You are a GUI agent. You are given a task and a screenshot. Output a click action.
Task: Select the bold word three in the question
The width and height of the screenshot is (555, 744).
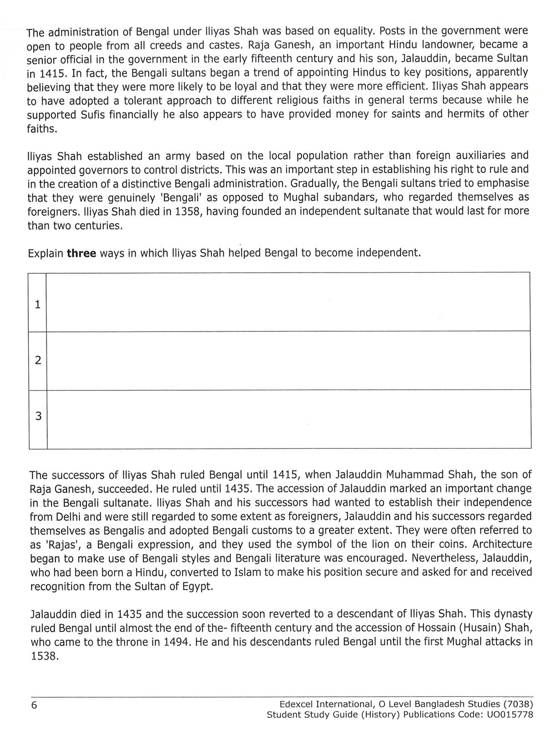click(82, 253)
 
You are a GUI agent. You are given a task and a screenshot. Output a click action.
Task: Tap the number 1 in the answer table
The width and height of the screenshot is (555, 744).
click(38, 304)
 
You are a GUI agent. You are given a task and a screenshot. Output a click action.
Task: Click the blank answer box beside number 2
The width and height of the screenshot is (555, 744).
click(288, 360)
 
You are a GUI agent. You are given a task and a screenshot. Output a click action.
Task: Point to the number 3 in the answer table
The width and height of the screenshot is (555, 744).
click(38, 416)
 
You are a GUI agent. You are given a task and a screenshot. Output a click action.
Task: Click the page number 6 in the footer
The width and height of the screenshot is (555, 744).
click(34, 705)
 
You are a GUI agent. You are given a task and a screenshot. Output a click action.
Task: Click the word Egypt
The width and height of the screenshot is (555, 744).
click(197, 586)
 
